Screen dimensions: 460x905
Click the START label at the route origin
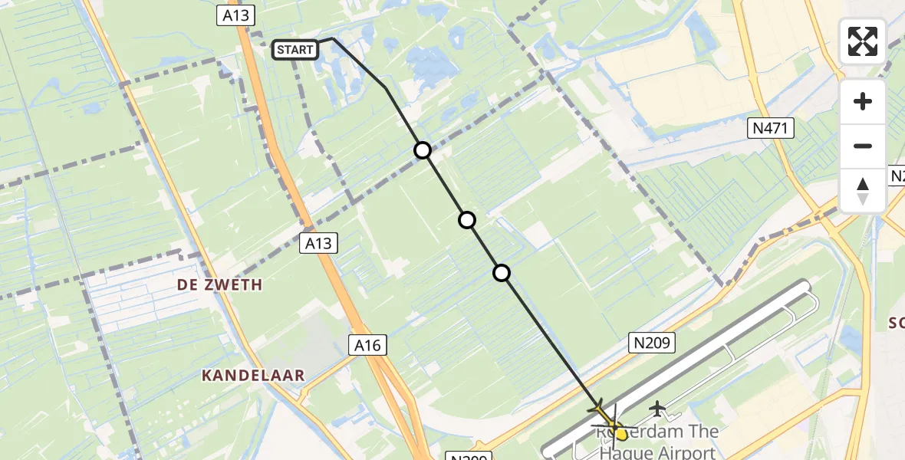click(295, 51)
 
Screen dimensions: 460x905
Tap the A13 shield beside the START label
click(235, 16)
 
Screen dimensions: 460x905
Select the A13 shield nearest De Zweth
click(318, 244)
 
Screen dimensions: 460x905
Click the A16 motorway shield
click(367, 346)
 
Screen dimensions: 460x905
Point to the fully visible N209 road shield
click(653, 343)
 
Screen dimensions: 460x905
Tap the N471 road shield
click(772, 129)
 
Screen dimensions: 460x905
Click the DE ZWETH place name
click(219, 285)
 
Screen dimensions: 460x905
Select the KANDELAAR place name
click(253, 376)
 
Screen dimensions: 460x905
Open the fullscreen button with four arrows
click(862, 41)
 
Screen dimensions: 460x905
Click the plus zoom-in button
click(863, 101)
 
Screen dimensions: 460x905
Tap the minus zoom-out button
click(863, 146)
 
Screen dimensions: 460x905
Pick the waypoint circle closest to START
click(423, 150)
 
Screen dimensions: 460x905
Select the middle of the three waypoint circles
click(466, 220)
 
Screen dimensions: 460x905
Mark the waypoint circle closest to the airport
click(501, 272)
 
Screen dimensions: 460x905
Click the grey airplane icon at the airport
click(657, 409)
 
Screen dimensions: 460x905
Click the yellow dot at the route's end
click(621, 434)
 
